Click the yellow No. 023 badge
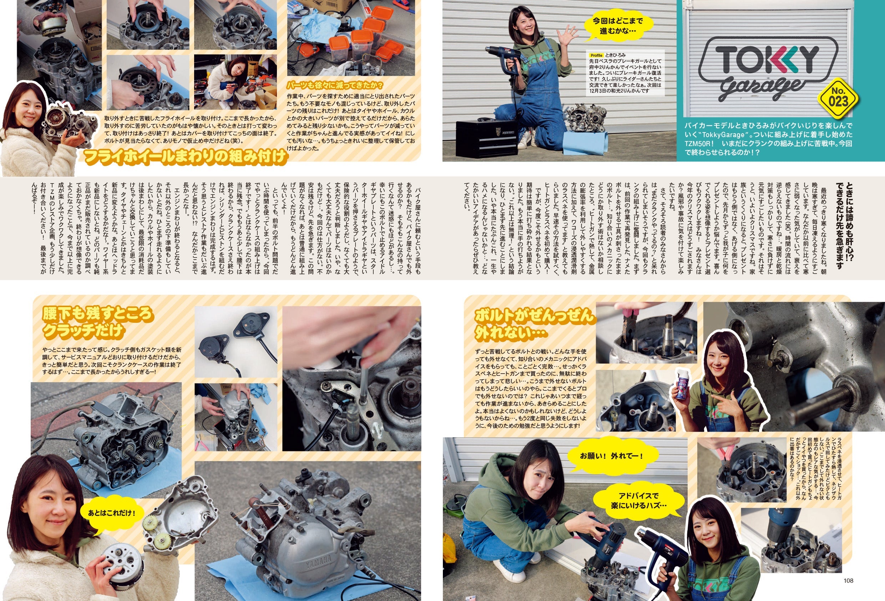pos(838,98)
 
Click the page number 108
pos(848,580)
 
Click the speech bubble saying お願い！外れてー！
pos(611,456)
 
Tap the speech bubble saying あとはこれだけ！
pos(111,513)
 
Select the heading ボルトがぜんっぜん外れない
pos(533,324)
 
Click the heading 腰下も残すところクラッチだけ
pos(97,322)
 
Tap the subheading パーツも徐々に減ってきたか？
pos(335,85)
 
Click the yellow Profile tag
pos(596,55)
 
